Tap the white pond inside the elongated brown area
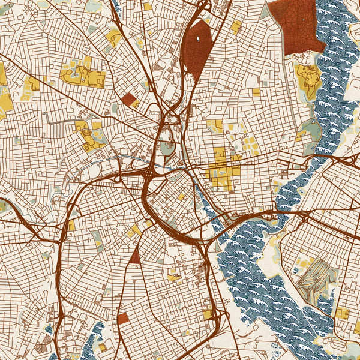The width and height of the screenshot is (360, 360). [x=197, y=39]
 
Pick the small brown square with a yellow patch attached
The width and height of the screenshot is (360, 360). [x=128, y=99]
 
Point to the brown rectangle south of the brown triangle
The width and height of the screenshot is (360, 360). [x=123, y=318]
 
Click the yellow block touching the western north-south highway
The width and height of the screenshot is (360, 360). [x=71, y=225]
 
